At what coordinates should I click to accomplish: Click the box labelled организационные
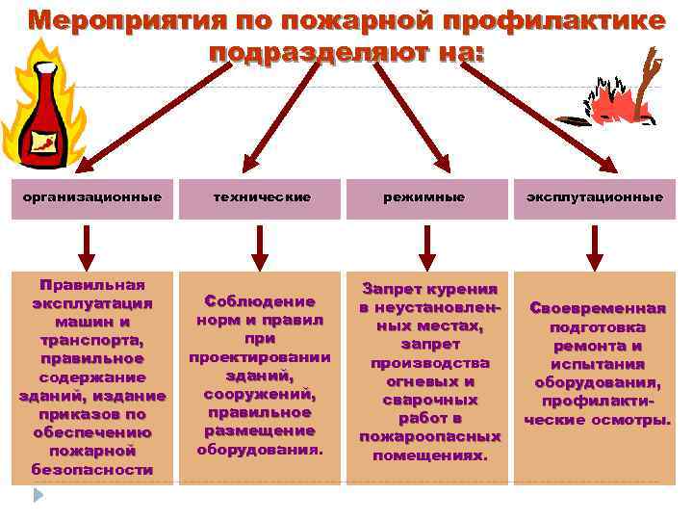point(92,197)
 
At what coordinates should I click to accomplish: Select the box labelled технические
point(261,197)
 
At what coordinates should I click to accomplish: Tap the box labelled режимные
point(426,197)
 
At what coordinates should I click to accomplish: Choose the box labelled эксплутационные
point(594,197)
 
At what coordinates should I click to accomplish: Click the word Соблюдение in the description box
point(261,301)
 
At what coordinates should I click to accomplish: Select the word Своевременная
point(598,308)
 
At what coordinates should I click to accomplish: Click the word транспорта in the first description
point(92,340)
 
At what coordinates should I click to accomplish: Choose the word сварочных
point(429,399)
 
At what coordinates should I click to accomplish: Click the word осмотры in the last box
point(637,419)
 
